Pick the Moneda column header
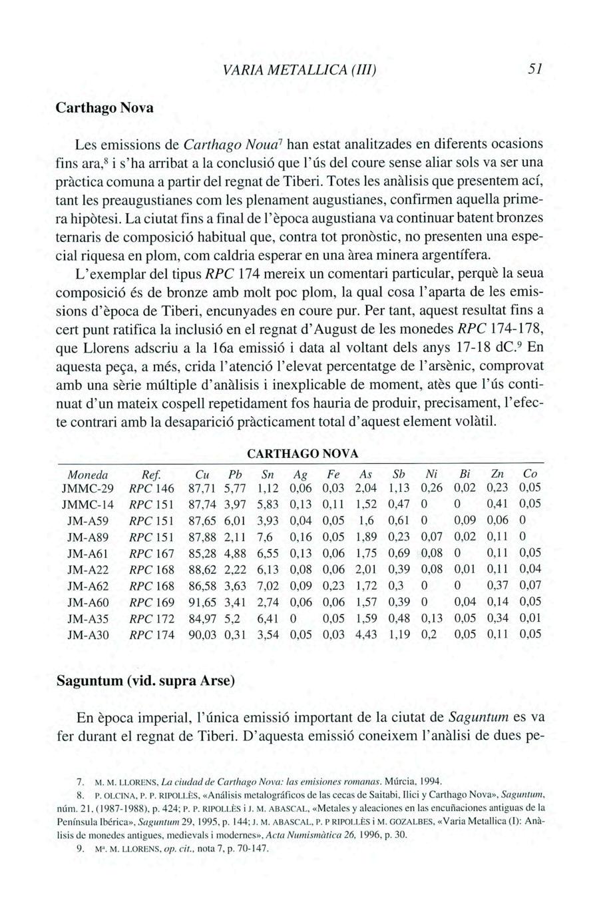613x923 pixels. click(x=89, y=474)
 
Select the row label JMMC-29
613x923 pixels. click(x=89, y=488)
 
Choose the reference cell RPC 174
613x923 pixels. click(x=152, y=634)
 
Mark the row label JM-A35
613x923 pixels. click(x=89, y=618)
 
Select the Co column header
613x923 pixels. click(x=530, y=474)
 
